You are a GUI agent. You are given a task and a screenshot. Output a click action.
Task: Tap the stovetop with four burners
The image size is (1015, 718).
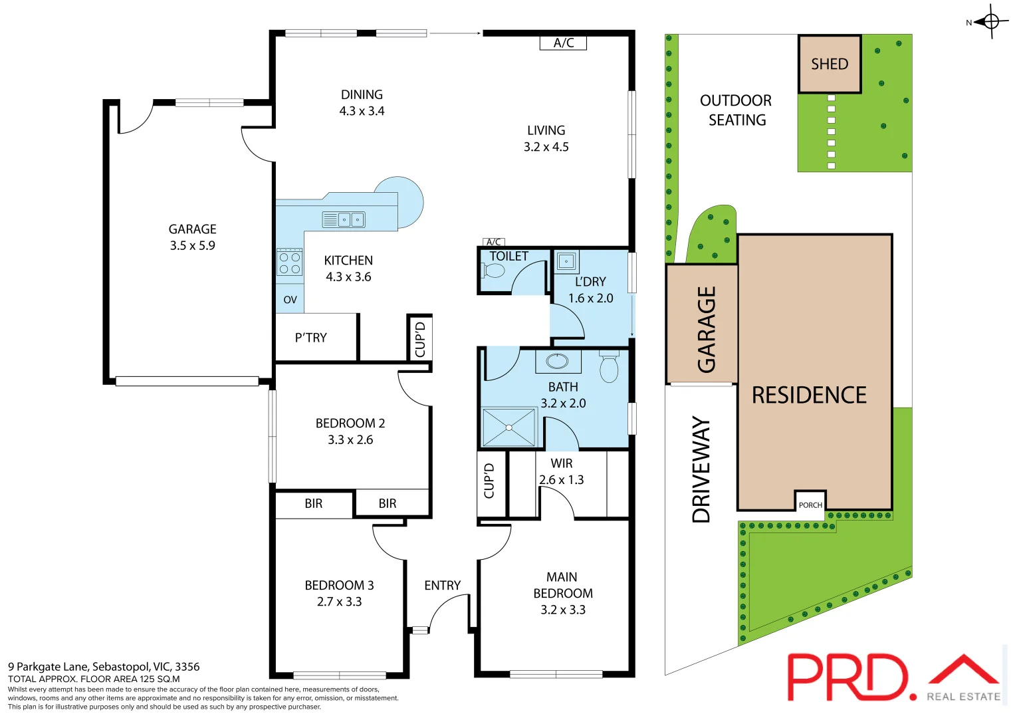click(289, 263)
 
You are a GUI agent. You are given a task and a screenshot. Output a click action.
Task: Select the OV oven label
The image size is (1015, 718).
click(290, 300)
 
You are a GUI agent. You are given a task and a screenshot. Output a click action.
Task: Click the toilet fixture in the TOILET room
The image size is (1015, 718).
click(493, 271)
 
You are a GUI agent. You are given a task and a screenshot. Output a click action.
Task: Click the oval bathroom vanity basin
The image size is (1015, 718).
click(557, 361)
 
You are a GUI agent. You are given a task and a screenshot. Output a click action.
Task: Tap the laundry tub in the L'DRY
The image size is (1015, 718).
click(566, 261)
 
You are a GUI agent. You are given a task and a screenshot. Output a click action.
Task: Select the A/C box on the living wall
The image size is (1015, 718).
click(563, 43)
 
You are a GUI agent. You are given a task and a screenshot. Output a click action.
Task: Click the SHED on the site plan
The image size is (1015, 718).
click(830, 64)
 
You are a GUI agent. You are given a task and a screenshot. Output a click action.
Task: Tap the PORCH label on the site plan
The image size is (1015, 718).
click(810, 505)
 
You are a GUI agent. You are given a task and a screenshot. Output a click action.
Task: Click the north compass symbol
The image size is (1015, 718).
click(990, 22)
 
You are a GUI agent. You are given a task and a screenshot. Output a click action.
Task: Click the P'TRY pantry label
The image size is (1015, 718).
click(311, 338)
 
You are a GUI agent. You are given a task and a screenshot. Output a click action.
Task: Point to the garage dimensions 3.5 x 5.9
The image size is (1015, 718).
click(192, 245)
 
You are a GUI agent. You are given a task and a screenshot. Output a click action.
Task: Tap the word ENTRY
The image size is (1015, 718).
click(442, 586)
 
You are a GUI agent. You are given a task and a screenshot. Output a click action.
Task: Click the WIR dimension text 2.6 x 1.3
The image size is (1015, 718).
click(561, 480)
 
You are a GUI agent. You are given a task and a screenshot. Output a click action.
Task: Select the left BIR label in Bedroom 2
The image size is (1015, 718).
click(314, 504)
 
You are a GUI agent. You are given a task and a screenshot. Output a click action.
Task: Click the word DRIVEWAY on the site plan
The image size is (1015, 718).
click(701, 469)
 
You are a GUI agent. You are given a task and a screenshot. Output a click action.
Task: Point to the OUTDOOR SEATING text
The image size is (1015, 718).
click(736, 110)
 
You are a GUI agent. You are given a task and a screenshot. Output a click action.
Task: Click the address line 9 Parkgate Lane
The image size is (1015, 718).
click(104, 666)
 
